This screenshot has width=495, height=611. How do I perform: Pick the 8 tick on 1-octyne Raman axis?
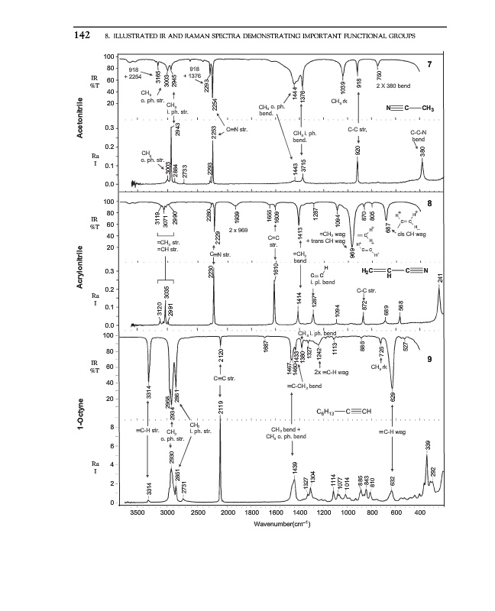tap(113, 427)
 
